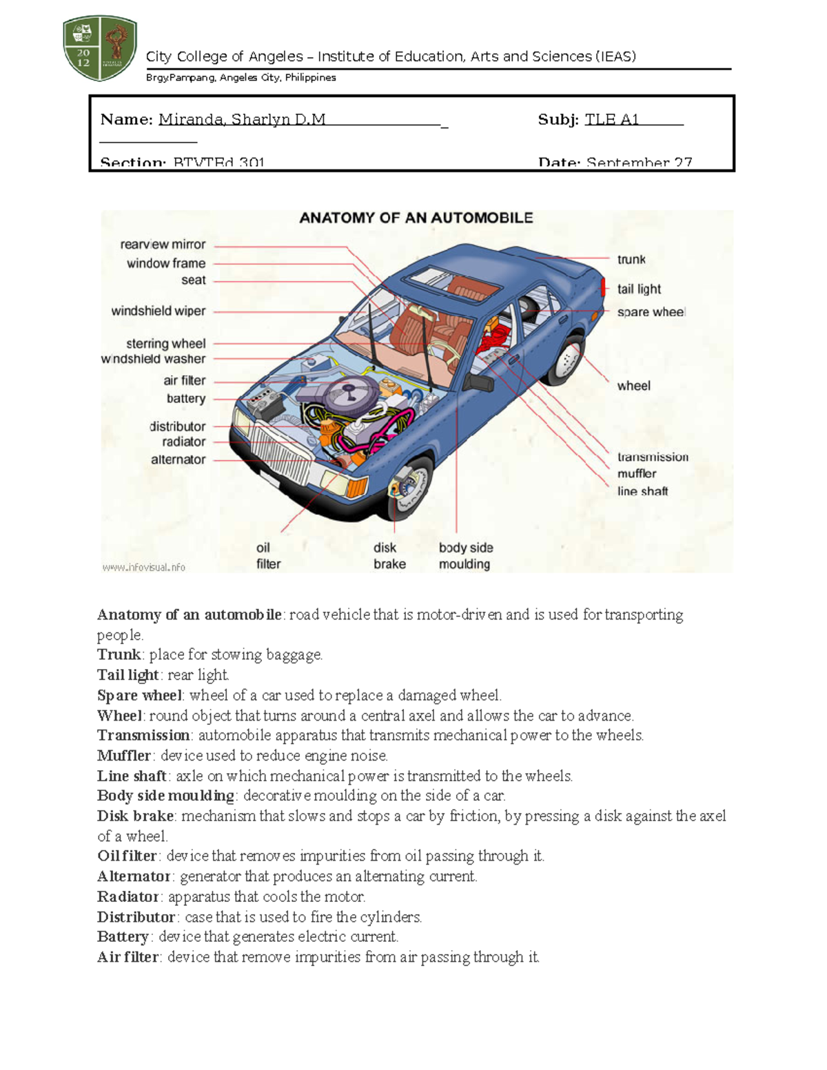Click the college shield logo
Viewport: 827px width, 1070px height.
100,48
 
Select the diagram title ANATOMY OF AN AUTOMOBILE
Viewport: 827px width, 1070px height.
416,218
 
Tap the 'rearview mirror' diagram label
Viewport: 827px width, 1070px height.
163,245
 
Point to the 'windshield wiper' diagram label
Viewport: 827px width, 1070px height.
159,311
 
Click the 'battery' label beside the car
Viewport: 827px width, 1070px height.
186,398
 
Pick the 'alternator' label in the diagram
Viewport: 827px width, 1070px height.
178,460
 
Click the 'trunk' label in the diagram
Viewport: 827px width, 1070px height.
631,260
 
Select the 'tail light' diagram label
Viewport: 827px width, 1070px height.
639,289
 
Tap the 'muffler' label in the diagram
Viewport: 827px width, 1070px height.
637,474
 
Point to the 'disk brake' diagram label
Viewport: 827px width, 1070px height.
389,556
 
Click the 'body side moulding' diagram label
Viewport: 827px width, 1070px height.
466,556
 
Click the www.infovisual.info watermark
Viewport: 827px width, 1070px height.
143,567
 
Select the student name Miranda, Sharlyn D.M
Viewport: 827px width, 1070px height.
242,120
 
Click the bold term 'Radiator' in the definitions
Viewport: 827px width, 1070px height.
128,897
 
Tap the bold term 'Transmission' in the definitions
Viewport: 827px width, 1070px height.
143,736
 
